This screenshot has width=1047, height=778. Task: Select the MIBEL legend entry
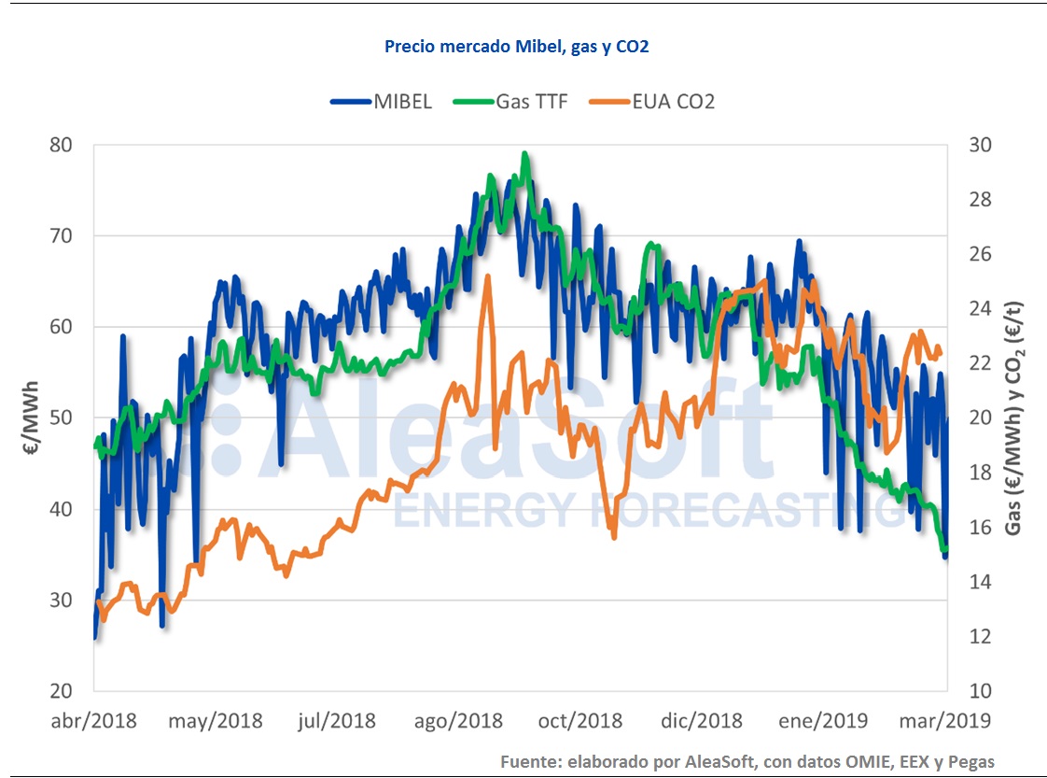(x=382, y=102)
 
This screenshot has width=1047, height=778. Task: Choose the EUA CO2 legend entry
(x=652, y=102)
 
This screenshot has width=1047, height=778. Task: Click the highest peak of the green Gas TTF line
(x=525, y=154)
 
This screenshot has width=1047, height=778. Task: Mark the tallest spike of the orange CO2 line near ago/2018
(x=487, y=276)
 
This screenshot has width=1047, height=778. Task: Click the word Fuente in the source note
(x=529, y=761)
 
